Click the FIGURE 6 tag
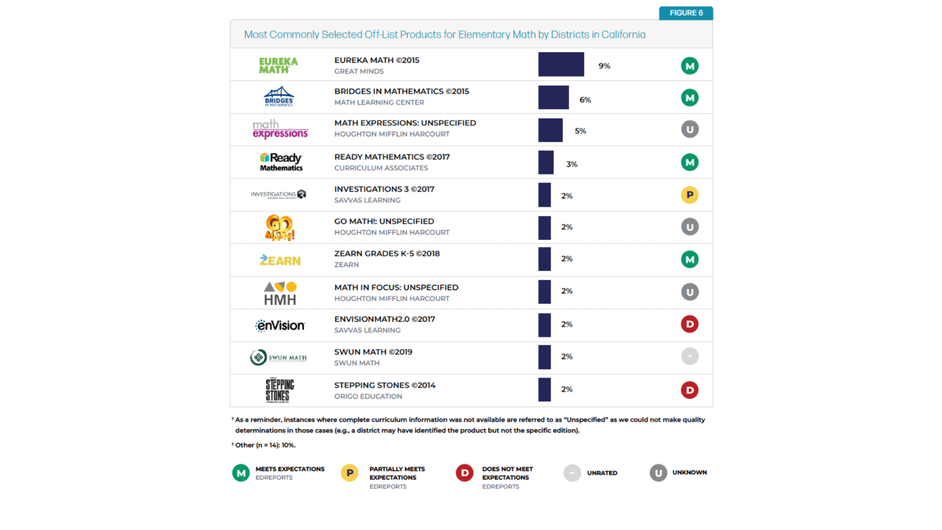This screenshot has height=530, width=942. click(685, 13)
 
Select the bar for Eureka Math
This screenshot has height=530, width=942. click(561, 64)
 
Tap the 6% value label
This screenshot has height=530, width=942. click(585, 100)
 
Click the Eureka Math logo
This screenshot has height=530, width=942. click(278, 65)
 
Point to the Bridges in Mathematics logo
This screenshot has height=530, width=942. click(279, 97)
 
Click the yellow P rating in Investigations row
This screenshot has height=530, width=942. click(689, 195)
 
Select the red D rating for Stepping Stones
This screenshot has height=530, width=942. click(689, 390)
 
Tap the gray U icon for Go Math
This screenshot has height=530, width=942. click(689, 227)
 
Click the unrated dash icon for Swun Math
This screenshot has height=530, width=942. click(689, 356)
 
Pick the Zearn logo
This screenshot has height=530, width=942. click(280, 260)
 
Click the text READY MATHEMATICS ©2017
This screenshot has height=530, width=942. click(392, 157)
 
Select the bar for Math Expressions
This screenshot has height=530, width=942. click(550, 131)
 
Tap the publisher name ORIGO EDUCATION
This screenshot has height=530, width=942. click(368, 397)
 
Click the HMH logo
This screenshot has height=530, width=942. click(280, 293)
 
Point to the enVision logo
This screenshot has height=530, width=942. click(280, 325)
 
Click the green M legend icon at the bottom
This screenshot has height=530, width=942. click(241, 473)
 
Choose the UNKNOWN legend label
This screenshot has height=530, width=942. click(689, 473)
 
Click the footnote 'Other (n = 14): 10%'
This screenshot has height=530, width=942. click(265, 445)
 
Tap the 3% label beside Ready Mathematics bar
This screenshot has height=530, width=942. click(572, 164)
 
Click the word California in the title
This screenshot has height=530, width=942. click(623, 34)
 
